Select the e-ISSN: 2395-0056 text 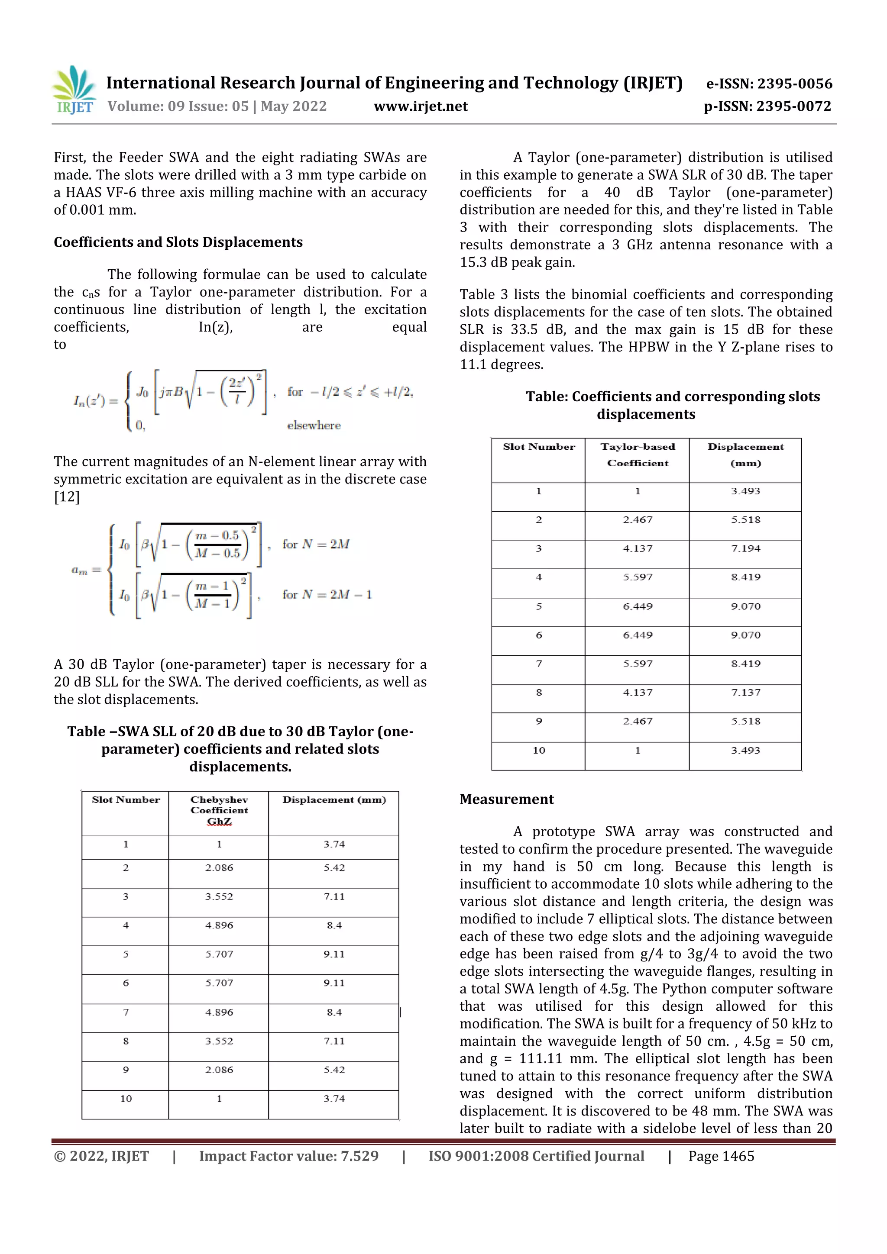tap(768, 84)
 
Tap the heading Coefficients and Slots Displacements tap(178, 242)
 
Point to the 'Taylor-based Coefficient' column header tap(637, 455)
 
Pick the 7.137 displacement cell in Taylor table tap(745, 693)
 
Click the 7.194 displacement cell tap(745, 548)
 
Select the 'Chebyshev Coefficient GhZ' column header tap(219, 810)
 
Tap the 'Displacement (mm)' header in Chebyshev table tap(334, 800)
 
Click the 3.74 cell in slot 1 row tap(334, 845)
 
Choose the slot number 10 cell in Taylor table tap(539, 751)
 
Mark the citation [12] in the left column tap(67, 497)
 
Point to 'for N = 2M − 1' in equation tap(327, 594)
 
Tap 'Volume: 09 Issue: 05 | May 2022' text tap(217, 106)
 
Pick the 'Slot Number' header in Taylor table tap(539, 447)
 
